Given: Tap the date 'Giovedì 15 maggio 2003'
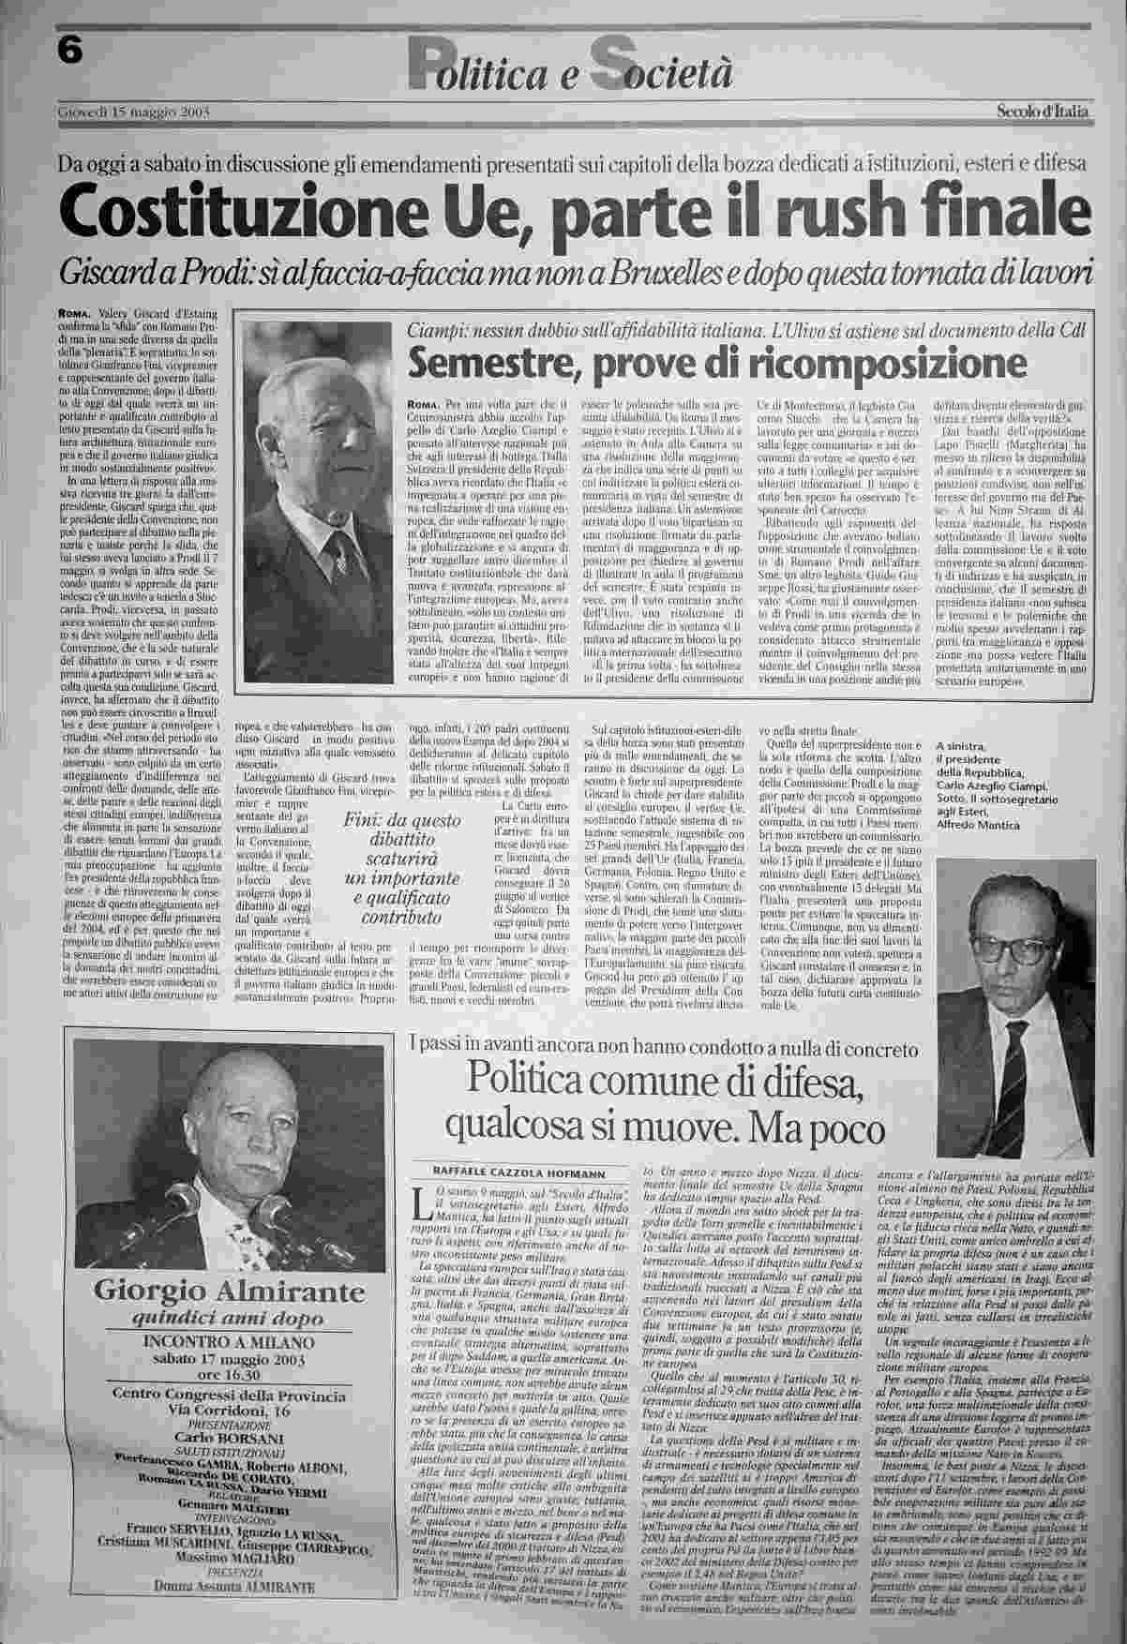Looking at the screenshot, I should [132, 113].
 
